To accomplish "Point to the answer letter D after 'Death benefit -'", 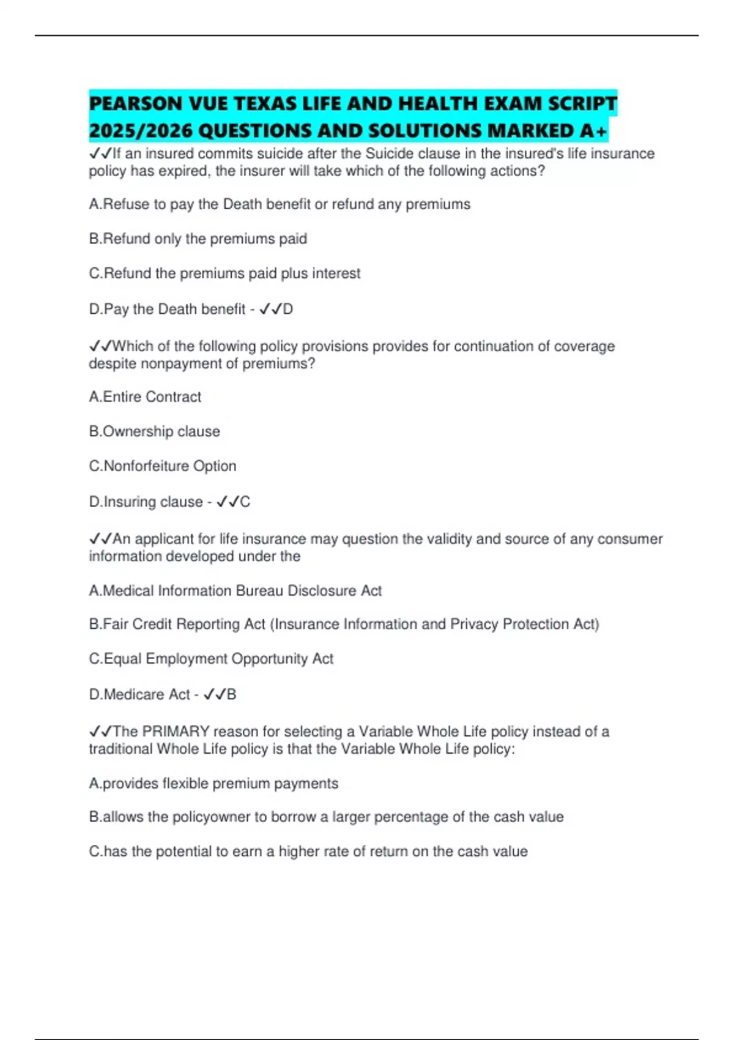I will pyautogui.click(x=287, y=310).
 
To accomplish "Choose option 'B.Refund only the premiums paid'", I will pyautogui.click(x=198, y=239).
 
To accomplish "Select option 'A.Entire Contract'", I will pyautogui.click(x=145, y=397).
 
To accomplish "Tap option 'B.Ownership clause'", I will pyautogui.click(x=154, y=431).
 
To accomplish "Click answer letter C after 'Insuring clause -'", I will pyautogui.click(x=245, y=502).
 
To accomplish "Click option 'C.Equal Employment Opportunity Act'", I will pyautogui.click(x=211, y=659).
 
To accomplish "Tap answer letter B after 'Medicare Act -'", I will pyautogui.click(x=231, y=695).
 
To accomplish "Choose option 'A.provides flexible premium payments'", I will pyautogui.click(x=213, y=784).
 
